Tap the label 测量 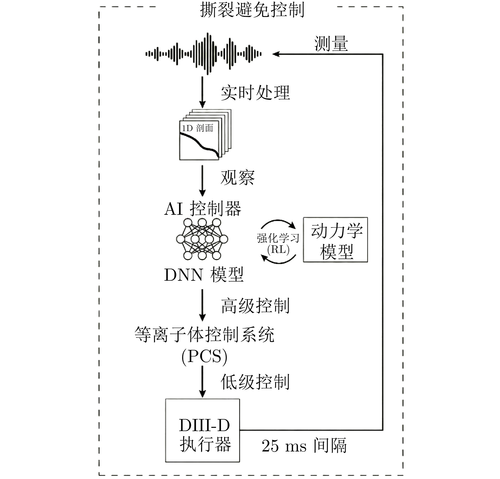point(331,44)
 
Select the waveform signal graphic point(203,54)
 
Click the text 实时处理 point(255,93)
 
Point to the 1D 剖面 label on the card point(198,128)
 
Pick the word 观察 point(238,177)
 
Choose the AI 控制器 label point(203,209)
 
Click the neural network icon point(202,239)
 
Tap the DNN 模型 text point(204,275)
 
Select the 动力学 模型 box point(335,240)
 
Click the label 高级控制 point(255,306)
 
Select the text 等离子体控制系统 point(204,334)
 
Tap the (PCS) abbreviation point(204,356)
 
